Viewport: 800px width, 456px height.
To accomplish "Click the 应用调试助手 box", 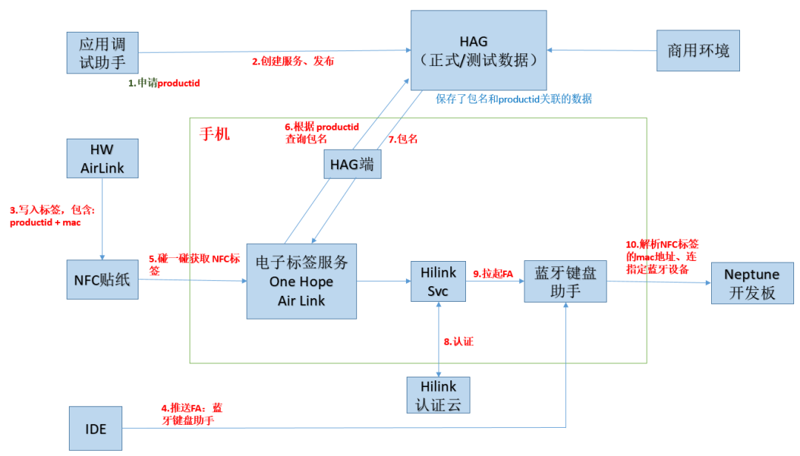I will click(103, 52).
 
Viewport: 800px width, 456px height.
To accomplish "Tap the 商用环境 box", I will click(698, 50).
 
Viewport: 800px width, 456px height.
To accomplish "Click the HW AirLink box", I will click(102, 158).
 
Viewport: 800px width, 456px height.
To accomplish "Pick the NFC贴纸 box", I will click(102, 280).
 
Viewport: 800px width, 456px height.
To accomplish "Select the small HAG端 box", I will click(352, 164).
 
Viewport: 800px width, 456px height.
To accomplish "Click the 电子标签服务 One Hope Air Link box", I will click(301, 281).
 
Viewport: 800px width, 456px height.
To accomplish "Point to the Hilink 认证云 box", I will click(439, 395).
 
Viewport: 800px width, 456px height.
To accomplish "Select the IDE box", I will click(96, 429).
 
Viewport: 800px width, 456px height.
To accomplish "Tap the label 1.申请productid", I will click(164, 84).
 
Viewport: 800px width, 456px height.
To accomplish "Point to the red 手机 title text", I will click(215, 134).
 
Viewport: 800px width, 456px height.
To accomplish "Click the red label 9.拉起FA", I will click(493, 273).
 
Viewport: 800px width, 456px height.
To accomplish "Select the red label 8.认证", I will click(458, 342).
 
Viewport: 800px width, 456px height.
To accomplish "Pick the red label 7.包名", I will click(403, 139).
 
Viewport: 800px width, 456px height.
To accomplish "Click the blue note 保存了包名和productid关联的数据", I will click(513, 99).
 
